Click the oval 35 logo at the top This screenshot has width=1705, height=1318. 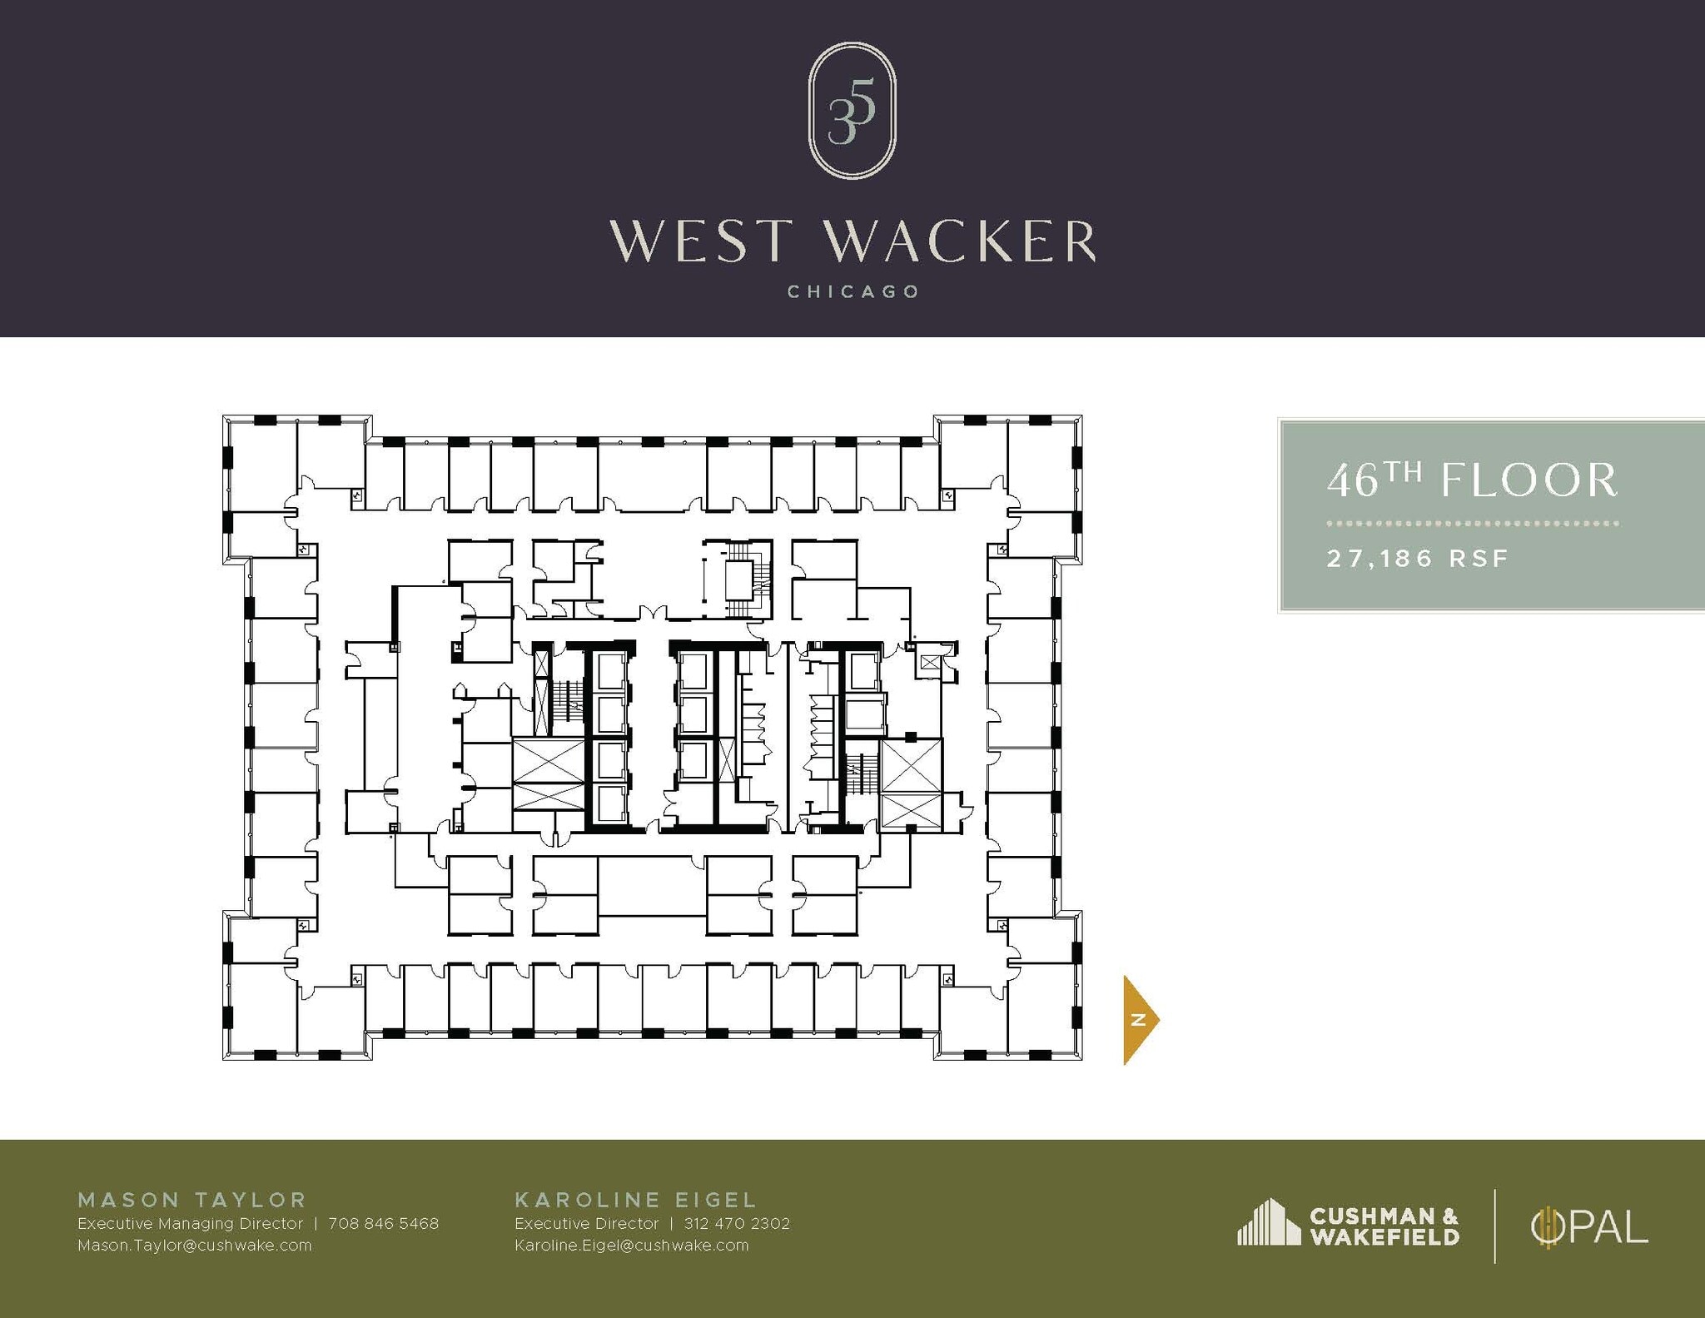click(852, 111)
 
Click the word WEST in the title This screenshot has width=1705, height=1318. click(699, 241)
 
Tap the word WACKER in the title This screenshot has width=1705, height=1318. click(961, 241)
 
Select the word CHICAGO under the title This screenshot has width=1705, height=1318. click(852, 292)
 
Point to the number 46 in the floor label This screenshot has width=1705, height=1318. click(1352, 482)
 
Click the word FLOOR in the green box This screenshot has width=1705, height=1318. click(1529, 481)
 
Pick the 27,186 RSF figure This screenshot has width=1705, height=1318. click(1417, 558)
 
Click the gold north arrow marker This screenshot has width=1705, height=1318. click(1140, 1019)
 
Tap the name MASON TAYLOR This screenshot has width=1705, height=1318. click(192, 1200)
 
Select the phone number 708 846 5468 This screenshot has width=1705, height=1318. click(383, 1224)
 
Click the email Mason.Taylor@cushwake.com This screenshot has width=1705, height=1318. click(194, 1246)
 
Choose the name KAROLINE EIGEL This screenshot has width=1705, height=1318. click(636, 1200)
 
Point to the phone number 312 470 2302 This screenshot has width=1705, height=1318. click(737, 1224)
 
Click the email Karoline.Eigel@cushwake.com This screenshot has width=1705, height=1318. click(631, 1246)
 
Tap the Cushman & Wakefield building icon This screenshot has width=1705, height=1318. click(1268, 1222)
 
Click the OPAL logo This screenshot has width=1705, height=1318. click(1589, 1226)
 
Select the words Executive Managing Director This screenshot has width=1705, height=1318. click(190, 1224)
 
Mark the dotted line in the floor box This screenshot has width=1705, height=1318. click(1472, 524)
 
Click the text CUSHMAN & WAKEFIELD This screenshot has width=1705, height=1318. click(1384, 1226)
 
